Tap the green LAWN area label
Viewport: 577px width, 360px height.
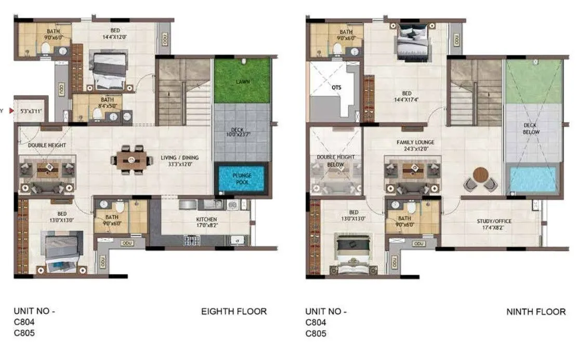click(242, 82)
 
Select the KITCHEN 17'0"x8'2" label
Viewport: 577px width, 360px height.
click(207, 222)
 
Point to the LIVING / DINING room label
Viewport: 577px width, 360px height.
click(179, 161)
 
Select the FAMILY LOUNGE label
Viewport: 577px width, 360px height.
click(415, 145)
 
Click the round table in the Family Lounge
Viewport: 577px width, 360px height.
click(481, 175)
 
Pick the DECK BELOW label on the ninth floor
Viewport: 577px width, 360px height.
click(531, 129)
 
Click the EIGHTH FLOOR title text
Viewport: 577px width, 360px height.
click(234, 312)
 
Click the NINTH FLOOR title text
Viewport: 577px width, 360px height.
click(536, 312)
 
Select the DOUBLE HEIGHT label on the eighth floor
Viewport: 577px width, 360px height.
click(47, 145)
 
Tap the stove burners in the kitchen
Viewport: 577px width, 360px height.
click(192, 240)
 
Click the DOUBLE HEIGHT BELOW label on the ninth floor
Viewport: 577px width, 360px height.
click(336, 161)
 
